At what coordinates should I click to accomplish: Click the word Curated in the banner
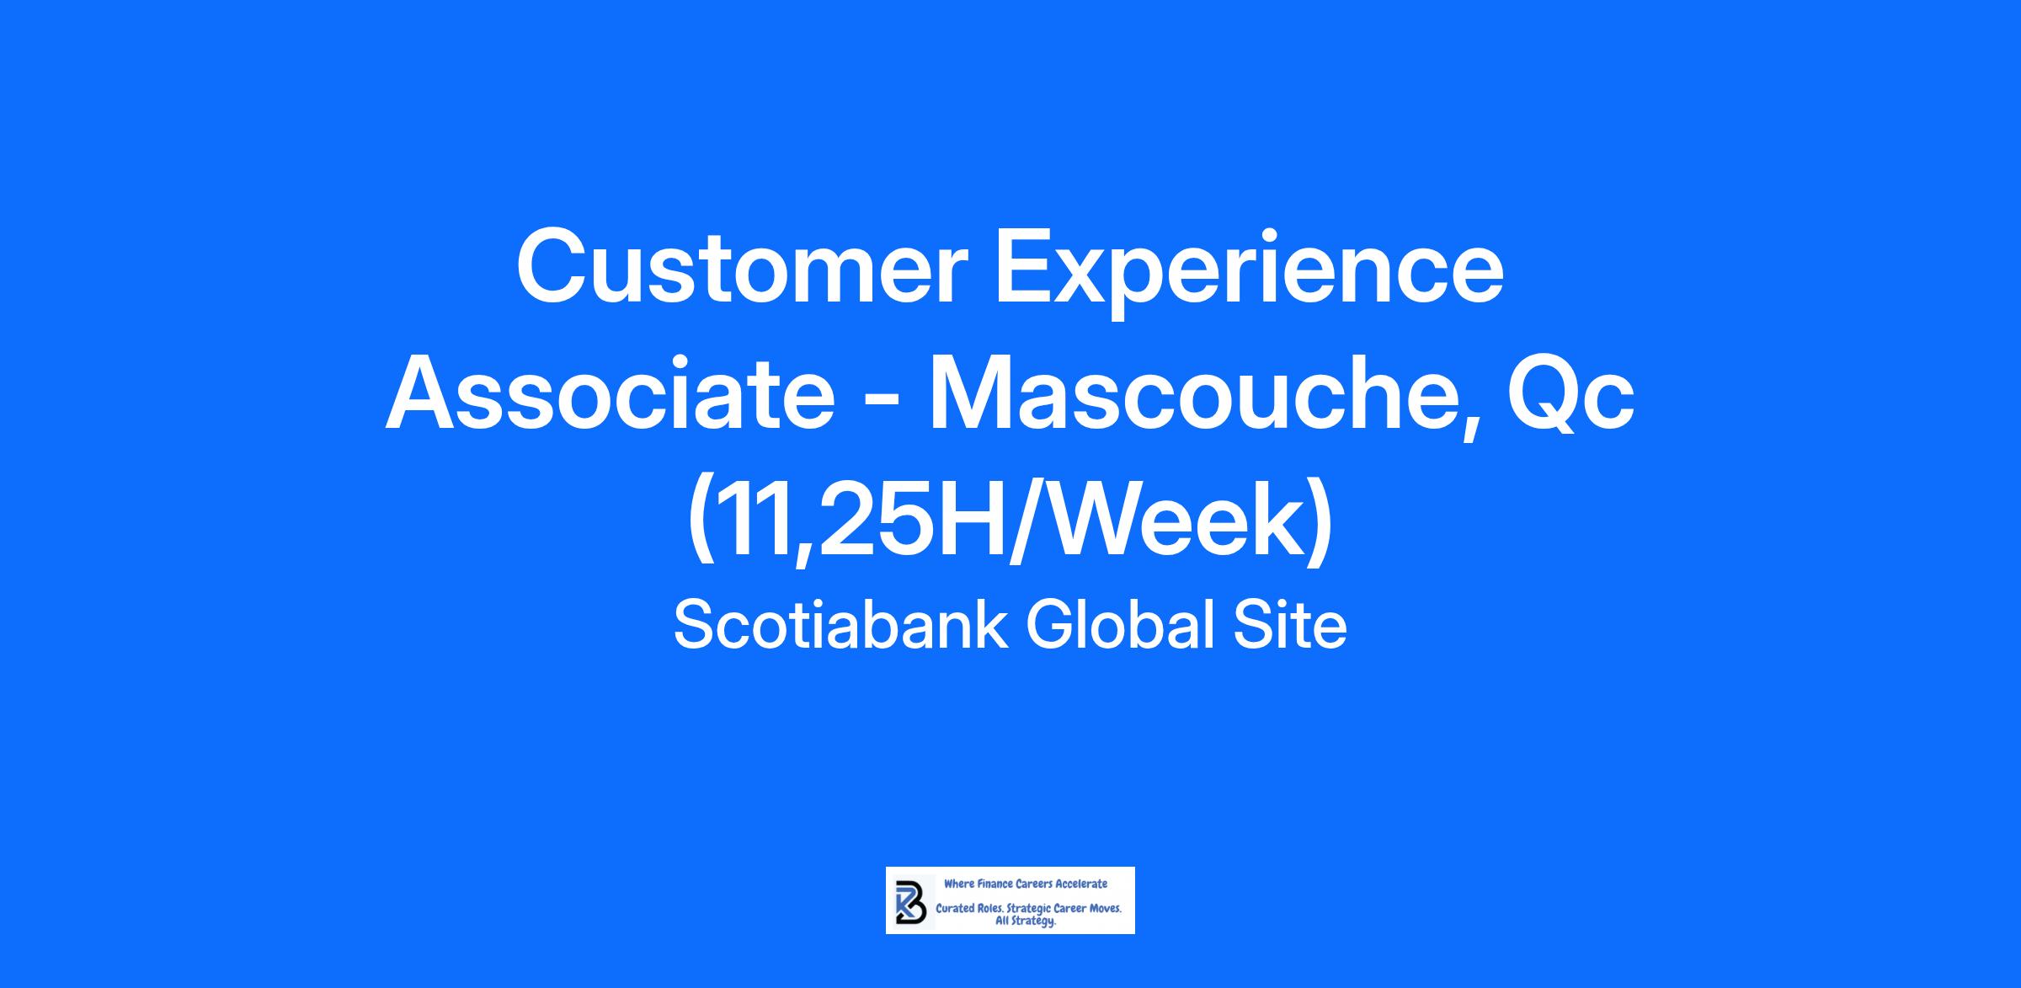tap(955, 909)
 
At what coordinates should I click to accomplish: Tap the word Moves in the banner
tap(1106, 909)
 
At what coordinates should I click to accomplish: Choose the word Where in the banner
tap(959, 884)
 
